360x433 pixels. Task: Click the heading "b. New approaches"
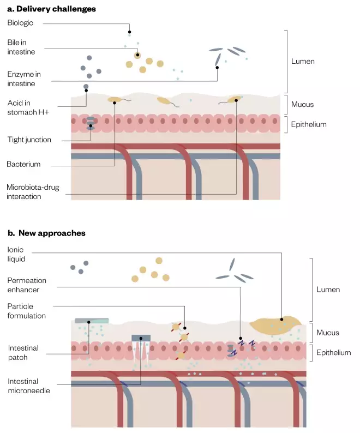tap(46, 233)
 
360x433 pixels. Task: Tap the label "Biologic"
tap(20, 23)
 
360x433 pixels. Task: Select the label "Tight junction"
tap(29, 140)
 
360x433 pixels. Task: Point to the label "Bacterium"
tap(23, 164)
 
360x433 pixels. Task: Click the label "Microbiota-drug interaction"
tap(32, 192)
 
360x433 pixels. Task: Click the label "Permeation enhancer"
tap(27, 285)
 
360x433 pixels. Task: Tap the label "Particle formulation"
tap(27, 311)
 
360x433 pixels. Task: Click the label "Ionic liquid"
tap(17, 254)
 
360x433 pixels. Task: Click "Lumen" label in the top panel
tap(303, 62)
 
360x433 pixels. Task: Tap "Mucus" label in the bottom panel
tap(328, 333)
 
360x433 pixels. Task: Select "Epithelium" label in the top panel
tap(308, 124)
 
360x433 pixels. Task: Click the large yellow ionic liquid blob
tap(275, 324)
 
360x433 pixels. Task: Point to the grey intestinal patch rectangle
tap(92, 321)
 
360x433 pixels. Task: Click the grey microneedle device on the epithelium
tap(141, 338)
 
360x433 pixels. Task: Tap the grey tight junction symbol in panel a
tap(91, 123)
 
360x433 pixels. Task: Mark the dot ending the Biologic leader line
tap(129, 31)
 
